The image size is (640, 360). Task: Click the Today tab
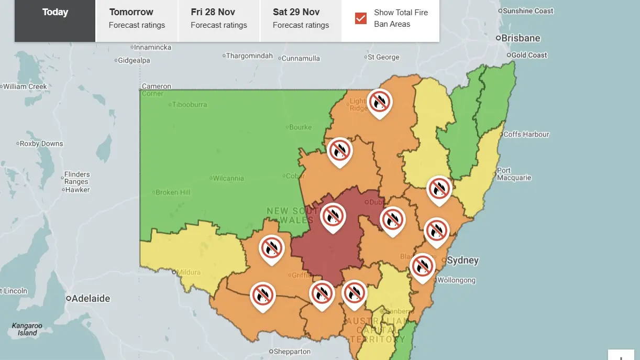coord(55,12)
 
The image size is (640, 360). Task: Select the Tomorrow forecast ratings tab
coord(137,18)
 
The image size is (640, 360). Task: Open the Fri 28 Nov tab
coord(219,18)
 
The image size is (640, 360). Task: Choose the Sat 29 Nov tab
coord(301,18)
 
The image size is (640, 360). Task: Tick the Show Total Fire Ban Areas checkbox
coord(361,18)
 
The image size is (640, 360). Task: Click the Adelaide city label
coord(91,299)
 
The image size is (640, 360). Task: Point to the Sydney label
coord(462,260)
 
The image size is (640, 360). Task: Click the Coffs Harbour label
coord(526,135)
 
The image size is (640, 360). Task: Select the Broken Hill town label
coord(173,192)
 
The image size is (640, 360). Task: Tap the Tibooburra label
coord(189,105)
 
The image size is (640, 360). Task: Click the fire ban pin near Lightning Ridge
coord(380,102)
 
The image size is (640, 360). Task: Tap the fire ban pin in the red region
coord(333,216)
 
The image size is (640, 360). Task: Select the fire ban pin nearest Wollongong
coord(422,266)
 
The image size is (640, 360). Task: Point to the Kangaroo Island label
coord(27,329)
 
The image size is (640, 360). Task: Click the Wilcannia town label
coord(228,178)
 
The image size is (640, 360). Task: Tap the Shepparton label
coord(292,352)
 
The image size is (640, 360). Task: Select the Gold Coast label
coord(528,55)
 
